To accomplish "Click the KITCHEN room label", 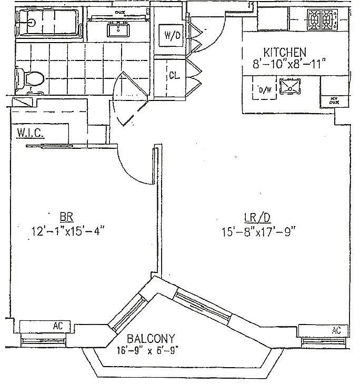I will click(285, 53).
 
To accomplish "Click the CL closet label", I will click(174, 75).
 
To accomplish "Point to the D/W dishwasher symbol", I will click(264, 89).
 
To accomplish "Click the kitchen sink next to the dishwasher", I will click(289, 86).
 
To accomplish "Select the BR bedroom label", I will click(66, 216).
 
